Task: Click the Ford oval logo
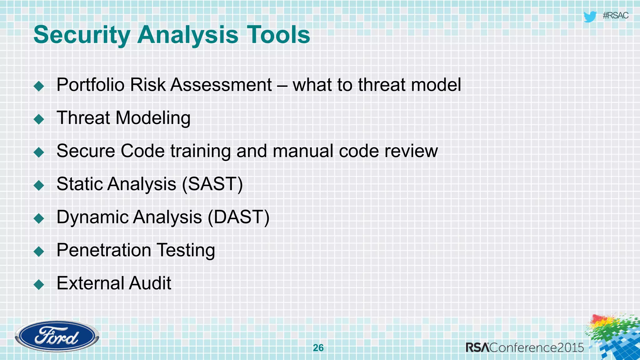57,336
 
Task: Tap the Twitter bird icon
590,16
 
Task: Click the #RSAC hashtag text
615,16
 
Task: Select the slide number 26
318,348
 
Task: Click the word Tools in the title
278,35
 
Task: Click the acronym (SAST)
212,184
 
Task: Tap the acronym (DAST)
238,217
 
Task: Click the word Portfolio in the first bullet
90,85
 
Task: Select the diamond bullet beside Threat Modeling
39,119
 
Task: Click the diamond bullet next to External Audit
39,284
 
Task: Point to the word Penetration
104,250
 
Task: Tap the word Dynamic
92,217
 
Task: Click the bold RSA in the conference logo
477,347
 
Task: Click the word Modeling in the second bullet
153,118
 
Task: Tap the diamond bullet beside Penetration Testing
39,251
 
